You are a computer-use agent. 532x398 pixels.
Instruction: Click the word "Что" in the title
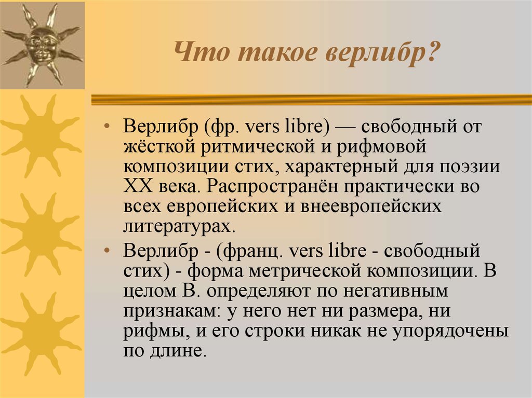pyautogui.click(x=202, y=52)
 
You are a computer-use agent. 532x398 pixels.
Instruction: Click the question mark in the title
pyautogui.click(x=432, y=52)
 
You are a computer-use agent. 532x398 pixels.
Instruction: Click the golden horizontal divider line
pyautogui.click(x=312, y=100)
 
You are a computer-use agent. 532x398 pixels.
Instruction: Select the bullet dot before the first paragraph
pyautogui.click(x=107, y=127)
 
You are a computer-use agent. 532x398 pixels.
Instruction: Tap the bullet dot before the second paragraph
pyautogui.click(x=107, y=251)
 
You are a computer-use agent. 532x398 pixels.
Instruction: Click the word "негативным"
pyautogui.click(x=395, y=291)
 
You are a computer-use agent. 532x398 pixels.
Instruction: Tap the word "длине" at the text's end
pyautogui.click(x=178, y=351)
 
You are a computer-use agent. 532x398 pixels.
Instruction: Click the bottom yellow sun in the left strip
pyautogui.click(x=42, y=334)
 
